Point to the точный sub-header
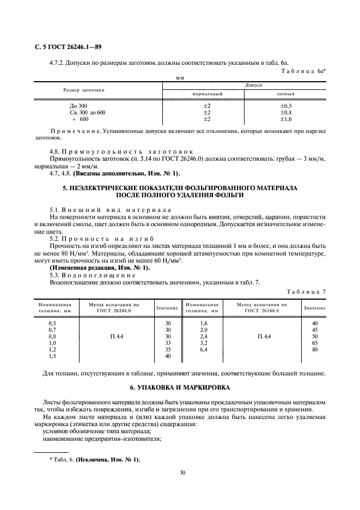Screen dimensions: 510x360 [286, 94]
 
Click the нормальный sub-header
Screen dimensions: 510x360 [206, 94]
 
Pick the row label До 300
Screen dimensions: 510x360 [78, 105]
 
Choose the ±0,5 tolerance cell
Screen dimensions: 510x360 [286, 105]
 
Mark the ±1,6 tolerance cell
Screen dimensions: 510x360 [286, 119]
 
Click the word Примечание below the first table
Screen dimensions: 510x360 [75, 131]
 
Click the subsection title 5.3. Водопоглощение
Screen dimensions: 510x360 [88, 275]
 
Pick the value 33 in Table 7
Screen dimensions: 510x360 [168, 343]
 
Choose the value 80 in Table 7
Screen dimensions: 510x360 [314, 350]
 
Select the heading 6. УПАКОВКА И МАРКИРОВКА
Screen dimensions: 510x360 [180, 387]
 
